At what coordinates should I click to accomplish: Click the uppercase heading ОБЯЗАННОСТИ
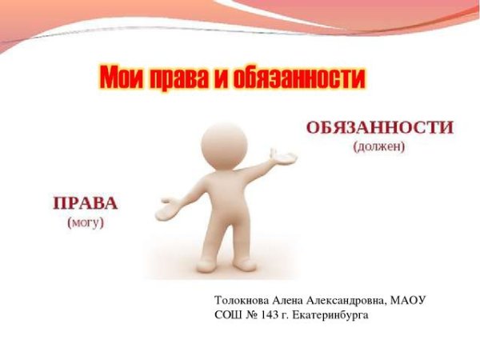click(x=379, y=128)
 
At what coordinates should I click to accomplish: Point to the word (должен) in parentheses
click(x=379, y=146)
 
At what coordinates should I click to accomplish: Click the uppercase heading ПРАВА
click(x=86, y=203)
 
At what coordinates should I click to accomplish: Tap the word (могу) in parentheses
click(x=86, y=222)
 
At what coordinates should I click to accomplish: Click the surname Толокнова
click(x=242, y=300)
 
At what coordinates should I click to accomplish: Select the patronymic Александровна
click(x=347, y=300)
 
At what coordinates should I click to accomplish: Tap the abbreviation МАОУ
click(x=409, y=300)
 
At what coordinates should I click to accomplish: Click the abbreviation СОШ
click(x=228, y=314)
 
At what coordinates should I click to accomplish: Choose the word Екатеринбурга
click(x=333, y=314)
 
